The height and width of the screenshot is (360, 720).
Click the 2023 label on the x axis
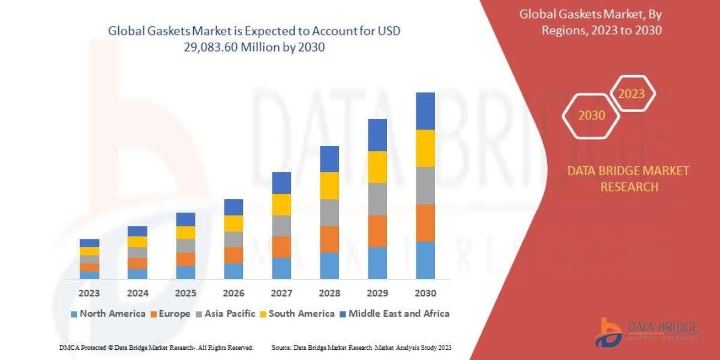(89, 293)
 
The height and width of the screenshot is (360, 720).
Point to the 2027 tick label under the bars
(281, 293)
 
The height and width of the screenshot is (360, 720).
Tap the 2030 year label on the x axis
(425, 293)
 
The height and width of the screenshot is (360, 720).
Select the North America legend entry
(108, 313)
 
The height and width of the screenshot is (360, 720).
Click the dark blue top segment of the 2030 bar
(425, 111)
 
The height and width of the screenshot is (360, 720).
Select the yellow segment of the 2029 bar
(377, 167)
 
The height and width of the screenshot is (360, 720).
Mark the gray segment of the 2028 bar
(329, 212)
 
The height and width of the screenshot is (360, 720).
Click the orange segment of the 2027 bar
(281, 247)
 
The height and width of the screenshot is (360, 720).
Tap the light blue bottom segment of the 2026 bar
(233, 271)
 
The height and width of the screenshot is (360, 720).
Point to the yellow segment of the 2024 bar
(137, 242)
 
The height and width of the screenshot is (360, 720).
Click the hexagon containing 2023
(631, 94)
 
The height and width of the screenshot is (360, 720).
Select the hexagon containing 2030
(592, 115)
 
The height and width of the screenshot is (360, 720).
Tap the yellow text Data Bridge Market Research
(628, 179)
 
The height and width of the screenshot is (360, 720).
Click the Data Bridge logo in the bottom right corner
(646, 332)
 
